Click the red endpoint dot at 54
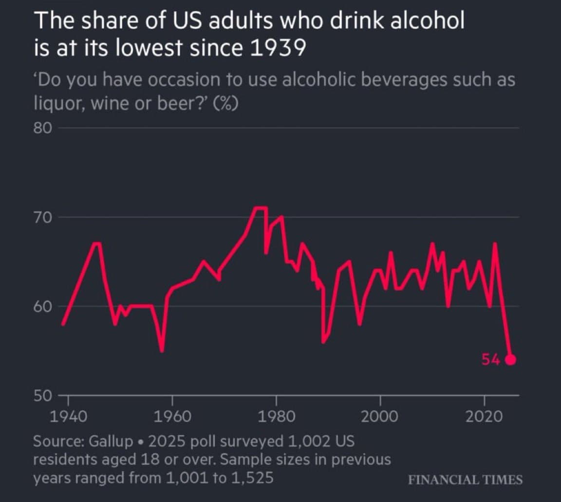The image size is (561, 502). (510, 360)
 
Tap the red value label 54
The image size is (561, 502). (491, 360)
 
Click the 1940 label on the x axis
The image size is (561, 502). (68, 417)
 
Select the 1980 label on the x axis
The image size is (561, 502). (276, 417)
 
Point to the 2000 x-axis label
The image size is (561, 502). (380, 417)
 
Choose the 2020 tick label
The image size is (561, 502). (485, 417)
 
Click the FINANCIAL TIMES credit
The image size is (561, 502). (465, 480)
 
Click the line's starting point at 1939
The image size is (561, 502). (63, 324)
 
